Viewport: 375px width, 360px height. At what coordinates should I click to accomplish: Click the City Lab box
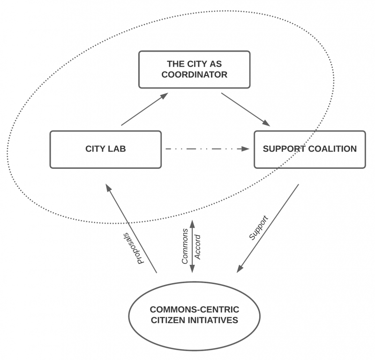click(105, 150)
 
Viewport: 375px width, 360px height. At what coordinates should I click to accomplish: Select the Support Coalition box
click(309, 150)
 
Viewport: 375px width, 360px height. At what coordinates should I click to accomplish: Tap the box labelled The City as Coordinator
click(194, 69)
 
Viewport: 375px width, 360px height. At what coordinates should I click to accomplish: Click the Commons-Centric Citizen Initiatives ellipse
click(194, 315)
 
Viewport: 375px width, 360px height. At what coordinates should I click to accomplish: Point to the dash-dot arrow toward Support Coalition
click(206, 150)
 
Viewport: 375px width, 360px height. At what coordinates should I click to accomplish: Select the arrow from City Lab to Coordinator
click(144, 109)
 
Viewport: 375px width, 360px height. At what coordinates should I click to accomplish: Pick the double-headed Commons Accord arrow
click(192, 244)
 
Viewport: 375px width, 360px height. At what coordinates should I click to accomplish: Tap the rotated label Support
click(258, 228)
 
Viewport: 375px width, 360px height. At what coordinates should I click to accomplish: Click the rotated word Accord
click(198, 247)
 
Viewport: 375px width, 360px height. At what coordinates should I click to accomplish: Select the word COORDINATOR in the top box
click(194, 75)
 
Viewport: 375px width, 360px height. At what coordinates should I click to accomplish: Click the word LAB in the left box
click(117, 150)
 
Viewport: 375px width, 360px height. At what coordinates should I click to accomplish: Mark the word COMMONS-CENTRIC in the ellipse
click(194, 310)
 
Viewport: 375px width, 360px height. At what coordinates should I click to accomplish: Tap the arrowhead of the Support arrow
click(240, 268)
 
